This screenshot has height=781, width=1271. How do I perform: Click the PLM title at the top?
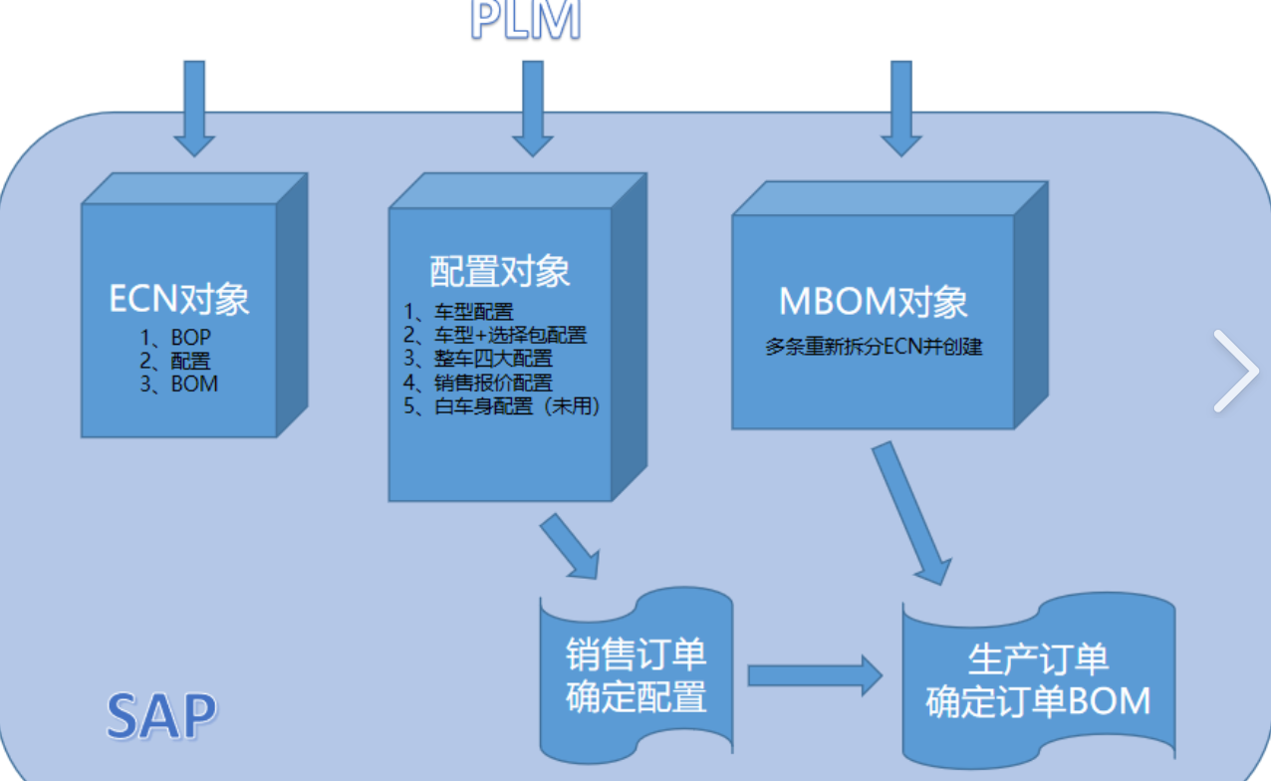[x=525, y=20]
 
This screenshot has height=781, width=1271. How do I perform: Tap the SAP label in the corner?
[x=161, y=715]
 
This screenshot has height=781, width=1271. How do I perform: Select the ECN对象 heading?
[x=179, y=299]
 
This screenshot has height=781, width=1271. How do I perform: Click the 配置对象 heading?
[x=500, y=271]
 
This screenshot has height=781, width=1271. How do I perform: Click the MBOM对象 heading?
[x=874, y=303]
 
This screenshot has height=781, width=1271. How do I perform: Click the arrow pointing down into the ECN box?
[x=194, y=108]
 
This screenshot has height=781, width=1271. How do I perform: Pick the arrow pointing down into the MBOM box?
[x=901, y=108]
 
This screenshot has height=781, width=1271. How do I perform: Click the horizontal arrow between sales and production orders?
[x=815, y=675]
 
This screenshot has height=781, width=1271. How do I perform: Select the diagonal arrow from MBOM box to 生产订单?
[x=911, y=513]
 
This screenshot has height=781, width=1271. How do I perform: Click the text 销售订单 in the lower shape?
[x=636, y=655]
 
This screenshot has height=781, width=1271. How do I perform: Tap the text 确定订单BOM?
[x=1038, y=701]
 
